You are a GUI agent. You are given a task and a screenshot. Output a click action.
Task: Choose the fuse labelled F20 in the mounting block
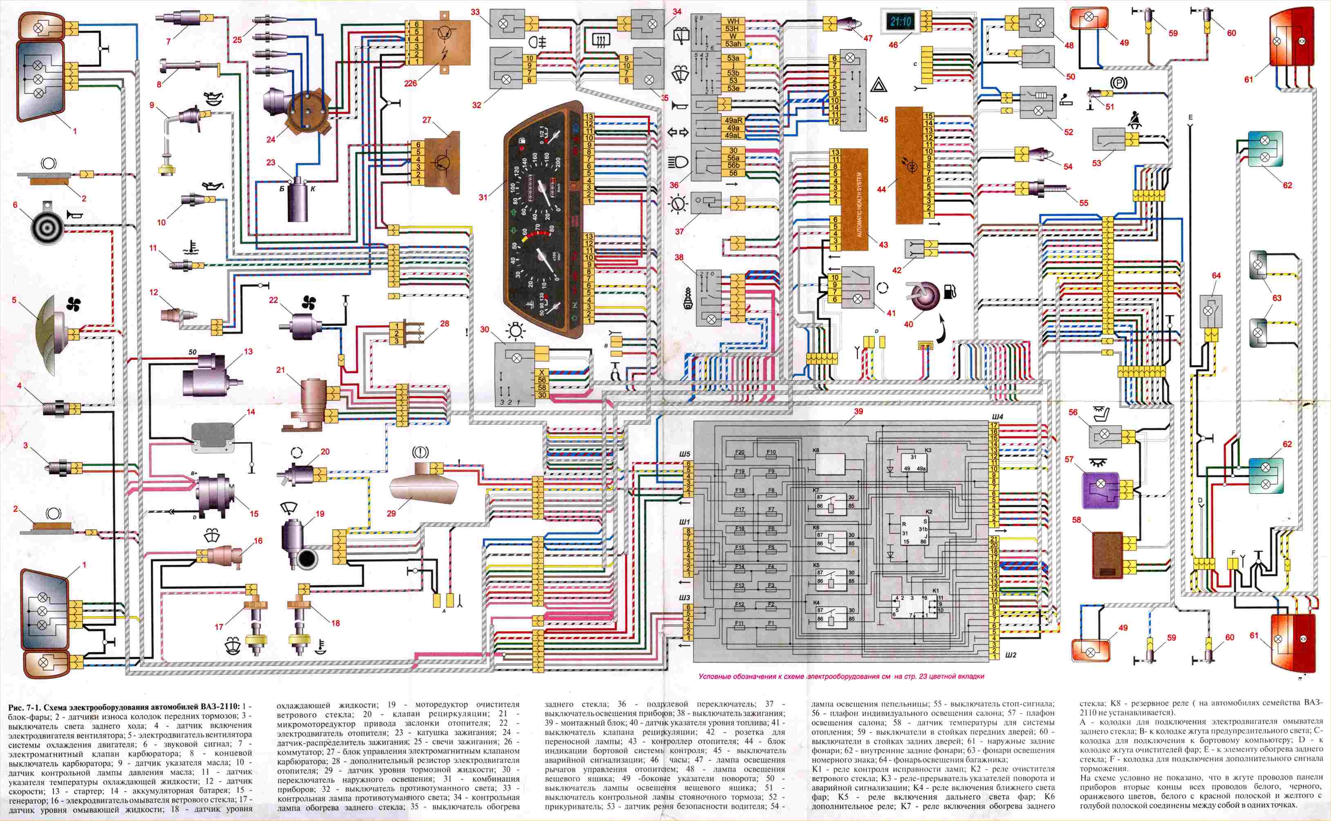[x=740, y=452]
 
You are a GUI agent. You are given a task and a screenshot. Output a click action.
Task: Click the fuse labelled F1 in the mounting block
[x=771, y=623]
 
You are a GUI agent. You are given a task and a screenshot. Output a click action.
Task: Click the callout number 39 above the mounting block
[x=858, y=412]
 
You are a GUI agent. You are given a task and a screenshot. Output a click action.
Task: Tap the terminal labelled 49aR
[x=733, y=121]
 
